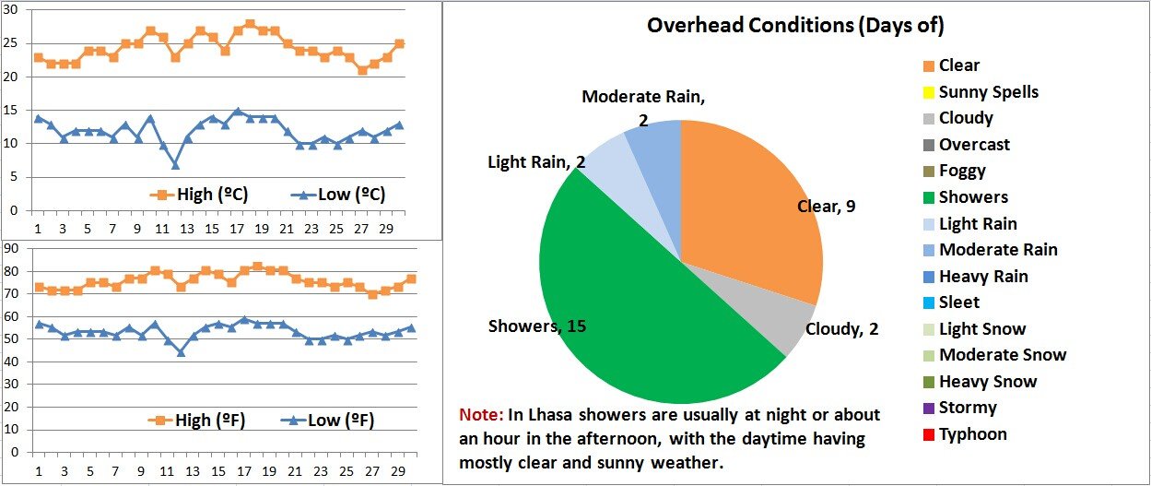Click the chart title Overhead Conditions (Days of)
click(795, 25)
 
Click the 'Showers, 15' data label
click(536, 326)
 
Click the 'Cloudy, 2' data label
click(841, 329)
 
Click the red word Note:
click(480, 415)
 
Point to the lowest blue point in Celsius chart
click(175, 165)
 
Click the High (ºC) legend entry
click(199, 195)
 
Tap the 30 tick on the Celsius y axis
click(11, 10)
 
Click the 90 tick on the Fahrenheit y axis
click(11, 249)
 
